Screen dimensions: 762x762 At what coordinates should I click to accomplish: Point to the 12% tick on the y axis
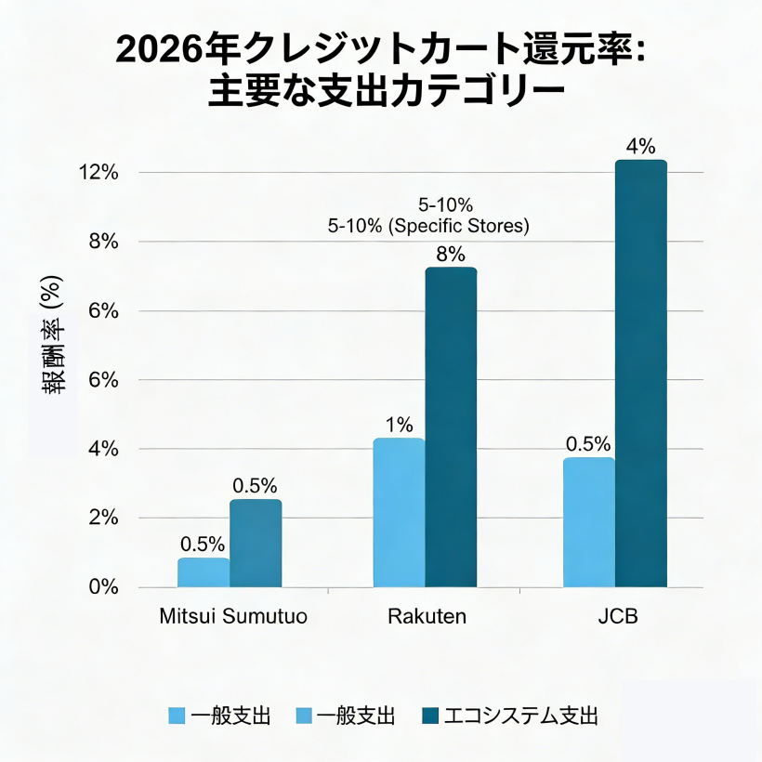[x=99, y=173]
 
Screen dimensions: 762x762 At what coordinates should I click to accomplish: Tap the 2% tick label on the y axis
[x=102, y=518]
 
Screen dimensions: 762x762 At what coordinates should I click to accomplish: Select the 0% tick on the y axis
[x=102, y=587]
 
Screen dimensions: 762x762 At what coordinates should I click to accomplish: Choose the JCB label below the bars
[x=617, y=617]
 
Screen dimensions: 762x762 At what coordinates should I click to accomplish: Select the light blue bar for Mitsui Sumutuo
[x=204, y=572]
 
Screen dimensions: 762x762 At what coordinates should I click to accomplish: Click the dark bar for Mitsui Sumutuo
[x=256, y=544]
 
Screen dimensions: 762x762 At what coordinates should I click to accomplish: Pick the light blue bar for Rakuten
[x=399, y=513]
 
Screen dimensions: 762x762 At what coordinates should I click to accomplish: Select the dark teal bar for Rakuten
[x=451, y=427]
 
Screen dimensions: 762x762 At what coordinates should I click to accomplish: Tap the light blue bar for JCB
[x=589, y=522]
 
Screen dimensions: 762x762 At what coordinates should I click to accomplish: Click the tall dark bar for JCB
[x=641, y=374]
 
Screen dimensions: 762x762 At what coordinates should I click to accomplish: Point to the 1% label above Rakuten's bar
[x=399, y=426]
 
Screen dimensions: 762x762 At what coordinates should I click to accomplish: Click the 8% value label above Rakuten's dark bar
[x=451, y=255]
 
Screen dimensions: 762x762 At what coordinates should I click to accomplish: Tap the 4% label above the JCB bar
[x=641, y=146]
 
